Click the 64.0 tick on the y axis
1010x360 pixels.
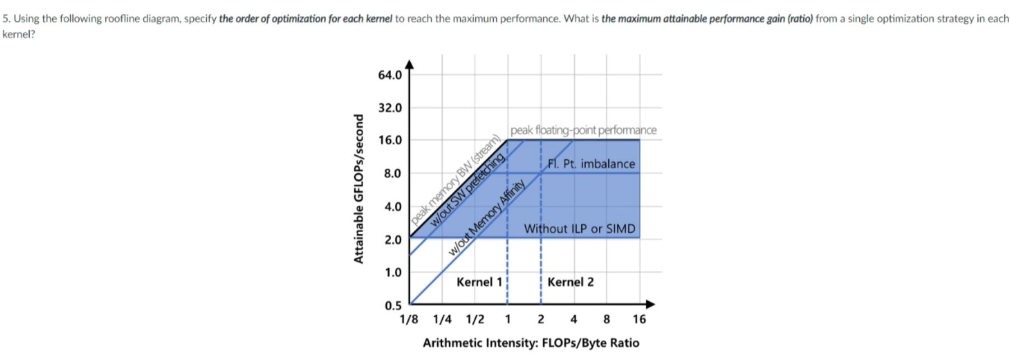pos(390,75)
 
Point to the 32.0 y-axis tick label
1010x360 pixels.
pos(390,108)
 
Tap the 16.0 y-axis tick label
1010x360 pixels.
pos(390,140)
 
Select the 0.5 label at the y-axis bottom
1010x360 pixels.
pos(393,306)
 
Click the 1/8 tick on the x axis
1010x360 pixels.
pos(409,320)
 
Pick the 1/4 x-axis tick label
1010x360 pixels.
pos(442,320)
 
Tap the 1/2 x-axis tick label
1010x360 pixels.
pos(475,320)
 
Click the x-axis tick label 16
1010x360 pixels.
pos(639,320)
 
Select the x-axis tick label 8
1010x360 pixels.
pos(606,320)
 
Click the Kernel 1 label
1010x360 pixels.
pos(479,282)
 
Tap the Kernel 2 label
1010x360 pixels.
pos(570,282)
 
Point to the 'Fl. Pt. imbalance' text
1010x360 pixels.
pos(591,164)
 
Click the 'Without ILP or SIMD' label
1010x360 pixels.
pos(580,229)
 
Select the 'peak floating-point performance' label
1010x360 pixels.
pos(583,130)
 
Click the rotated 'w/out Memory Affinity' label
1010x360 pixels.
pos(487,218)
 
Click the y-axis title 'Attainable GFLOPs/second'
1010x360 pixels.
pos(359,188)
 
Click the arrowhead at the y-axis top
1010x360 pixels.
pos(410,64)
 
